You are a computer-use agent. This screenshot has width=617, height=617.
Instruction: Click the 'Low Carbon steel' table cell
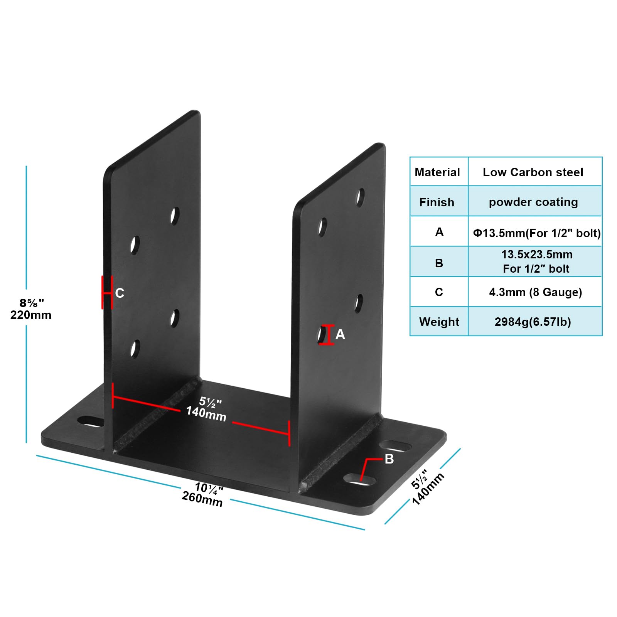coord(533,172)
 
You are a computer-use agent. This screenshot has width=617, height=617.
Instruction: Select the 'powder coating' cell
coord(533,202)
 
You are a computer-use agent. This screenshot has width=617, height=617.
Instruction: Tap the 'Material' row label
coord(437,172)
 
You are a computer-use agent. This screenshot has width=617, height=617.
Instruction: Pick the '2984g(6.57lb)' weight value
coord(533,322)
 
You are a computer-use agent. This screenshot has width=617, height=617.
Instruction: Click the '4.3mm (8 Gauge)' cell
coord(535,292)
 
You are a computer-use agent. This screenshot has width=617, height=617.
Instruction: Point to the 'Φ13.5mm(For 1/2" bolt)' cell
coord(536,233)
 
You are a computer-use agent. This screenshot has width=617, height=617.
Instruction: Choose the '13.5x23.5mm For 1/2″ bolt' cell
coord(536,261)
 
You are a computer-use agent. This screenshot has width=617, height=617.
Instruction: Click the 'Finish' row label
coord(437,202)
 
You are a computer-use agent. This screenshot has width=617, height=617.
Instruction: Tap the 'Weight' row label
coord(439,322)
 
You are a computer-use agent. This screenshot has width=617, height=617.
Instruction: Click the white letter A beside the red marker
coord(340,334)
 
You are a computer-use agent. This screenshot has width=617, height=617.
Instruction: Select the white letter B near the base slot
coord(389,459)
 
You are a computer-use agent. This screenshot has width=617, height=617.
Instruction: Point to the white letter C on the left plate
coord(120,293)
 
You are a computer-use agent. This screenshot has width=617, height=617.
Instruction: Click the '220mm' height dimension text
coord(31,315)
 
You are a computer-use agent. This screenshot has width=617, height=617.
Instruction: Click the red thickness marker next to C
coord(106,292)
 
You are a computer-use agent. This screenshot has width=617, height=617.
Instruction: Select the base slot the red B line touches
coord(359,480)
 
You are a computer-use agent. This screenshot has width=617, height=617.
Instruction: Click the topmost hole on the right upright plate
coord(360,197)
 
